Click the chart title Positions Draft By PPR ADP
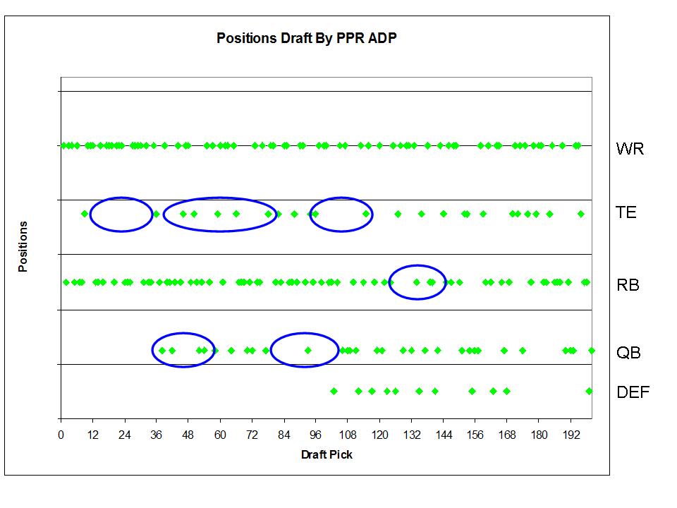(307, 38)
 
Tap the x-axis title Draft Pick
(327, 454)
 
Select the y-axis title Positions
(23, 247)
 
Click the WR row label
(630, 149)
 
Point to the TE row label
(626, 212)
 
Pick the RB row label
(628, 285)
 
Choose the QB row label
(628, 353)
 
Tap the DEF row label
(633, 392)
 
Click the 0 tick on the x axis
(61, 435)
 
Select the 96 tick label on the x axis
(316, 435)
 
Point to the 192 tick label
(571, 435)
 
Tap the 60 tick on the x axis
(220, 435)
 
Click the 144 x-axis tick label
(444, 435)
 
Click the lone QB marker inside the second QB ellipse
(308, 351)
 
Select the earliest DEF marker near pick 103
(334, 392)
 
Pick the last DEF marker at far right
(589, 392)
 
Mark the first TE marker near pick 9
(85, 214)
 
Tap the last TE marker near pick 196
(580, 214)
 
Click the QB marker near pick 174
(523, 351)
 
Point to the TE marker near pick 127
(398, 214)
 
